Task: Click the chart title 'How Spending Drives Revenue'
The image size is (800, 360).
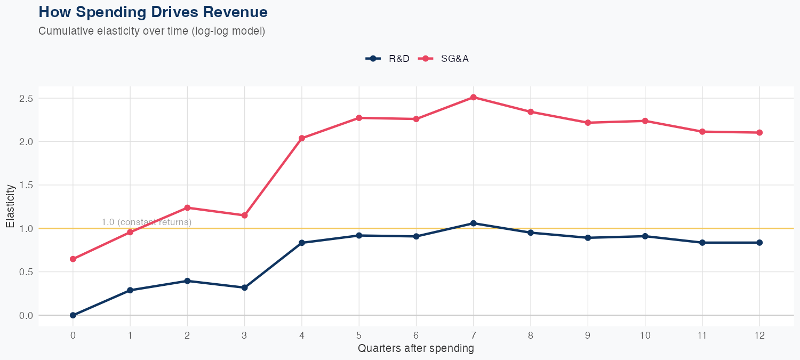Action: [153, 12]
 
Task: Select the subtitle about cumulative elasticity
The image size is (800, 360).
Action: [151, 31]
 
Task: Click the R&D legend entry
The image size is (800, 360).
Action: [388, 59]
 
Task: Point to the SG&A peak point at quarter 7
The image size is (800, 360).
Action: [473, 97]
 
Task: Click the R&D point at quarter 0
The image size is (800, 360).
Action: [73, 315]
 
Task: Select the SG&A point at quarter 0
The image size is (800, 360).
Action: [73, 259]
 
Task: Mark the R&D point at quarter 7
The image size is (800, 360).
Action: [473, 223]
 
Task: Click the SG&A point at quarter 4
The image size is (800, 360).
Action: [302, 138]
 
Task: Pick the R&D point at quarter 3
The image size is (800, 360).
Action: [244, 287]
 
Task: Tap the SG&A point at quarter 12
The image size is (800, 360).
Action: [759, 132]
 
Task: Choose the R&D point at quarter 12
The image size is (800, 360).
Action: [759, 243]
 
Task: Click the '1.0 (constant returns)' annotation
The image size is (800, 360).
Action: [146, 222]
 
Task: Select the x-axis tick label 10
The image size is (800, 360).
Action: [645, 335]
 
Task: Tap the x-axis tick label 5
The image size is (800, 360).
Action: [359, 335]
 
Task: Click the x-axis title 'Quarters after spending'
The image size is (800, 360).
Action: [415, 349]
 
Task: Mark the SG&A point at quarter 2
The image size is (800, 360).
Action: [187, 207]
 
